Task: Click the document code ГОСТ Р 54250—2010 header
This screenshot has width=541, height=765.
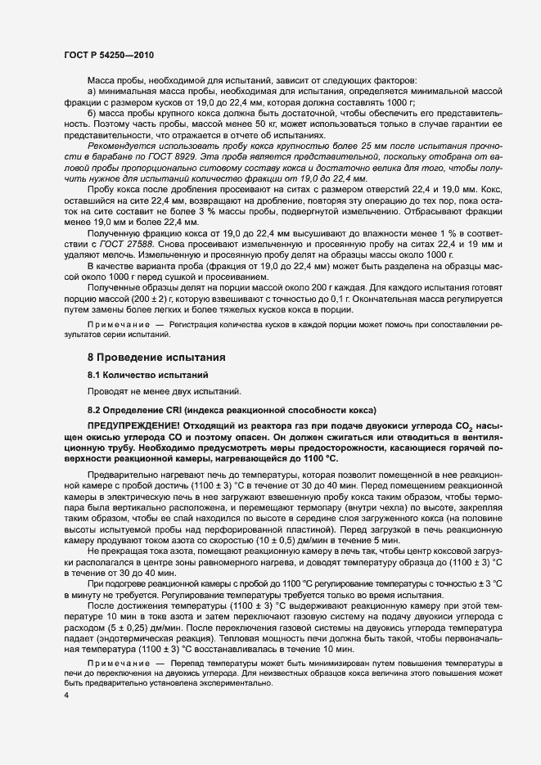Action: point(110,53)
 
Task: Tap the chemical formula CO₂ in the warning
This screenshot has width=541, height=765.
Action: point(460,426)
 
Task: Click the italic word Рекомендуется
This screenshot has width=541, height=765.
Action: point(122,145)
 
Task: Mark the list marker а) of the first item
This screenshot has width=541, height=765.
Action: point(92,92)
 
